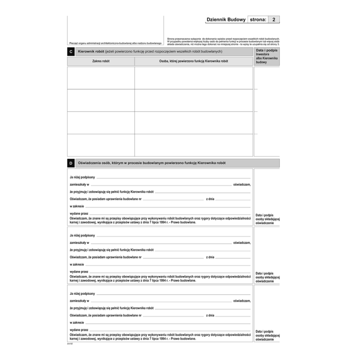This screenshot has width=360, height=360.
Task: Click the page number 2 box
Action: tap(274, 20)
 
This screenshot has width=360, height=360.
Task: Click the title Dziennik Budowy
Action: tap(226, 20)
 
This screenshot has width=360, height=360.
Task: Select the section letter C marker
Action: tap(71, 52)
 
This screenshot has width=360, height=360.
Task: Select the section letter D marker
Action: tap(71, 163)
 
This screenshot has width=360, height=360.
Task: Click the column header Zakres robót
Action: tap(101, 61)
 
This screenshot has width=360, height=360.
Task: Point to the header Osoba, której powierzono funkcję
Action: tap(193, 61)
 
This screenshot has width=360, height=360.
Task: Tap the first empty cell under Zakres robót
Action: tap(101, 78)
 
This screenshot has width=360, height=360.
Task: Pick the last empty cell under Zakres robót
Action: tap(101, 145)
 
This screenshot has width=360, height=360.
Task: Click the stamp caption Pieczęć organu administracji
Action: tap(115, 43)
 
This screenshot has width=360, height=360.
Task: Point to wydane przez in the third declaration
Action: tap(79, 330)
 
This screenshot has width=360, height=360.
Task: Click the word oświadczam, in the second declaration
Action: tap(242, 243)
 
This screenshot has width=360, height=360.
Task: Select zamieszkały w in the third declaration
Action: tap(80, 301)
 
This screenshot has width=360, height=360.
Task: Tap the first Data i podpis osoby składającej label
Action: tap(267, 219)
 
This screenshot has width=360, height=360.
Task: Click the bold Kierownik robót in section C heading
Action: tap(90, 52)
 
